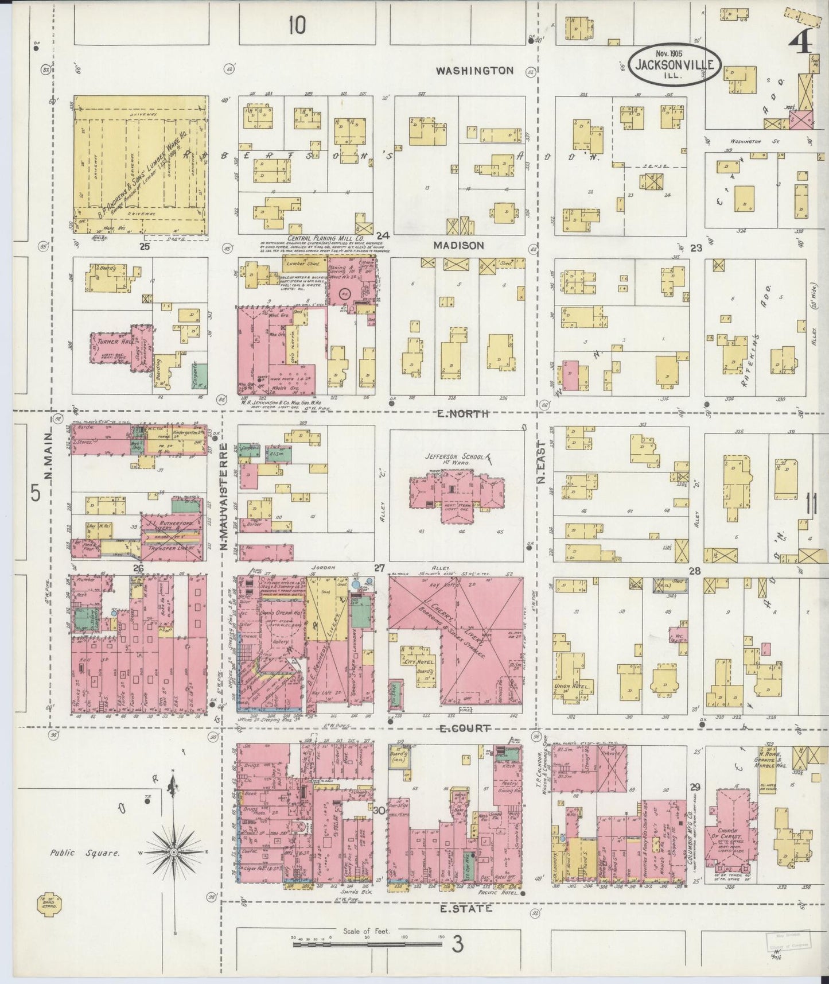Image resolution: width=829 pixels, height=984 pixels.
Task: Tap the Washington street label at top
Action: (x=474, y=71)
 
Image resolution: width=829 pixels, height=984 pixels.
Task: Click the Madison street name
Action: (x=458, y=245)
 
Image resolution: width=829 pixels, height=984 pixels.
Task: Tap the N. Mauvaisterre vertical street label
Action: (x=225, y=494)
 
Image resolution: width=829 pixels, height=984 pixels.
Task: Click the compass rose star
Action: (x=173, y=854)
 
